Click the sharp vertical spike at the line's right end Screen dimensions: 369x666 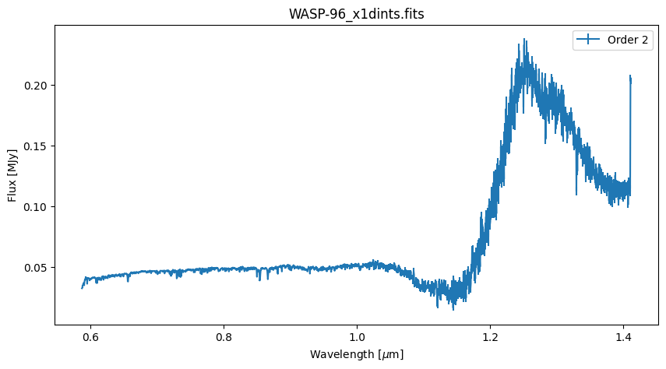pos(630,79)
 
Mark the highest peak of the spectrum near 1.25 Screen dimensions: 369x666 pos(524,40)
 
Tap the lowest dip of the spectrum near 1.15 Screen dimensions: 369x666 pos(454,308)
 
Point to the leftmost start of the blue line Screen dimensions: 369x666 pos(82,288)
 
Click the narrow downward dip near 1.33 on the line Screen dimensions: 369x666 pos(576,193)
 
